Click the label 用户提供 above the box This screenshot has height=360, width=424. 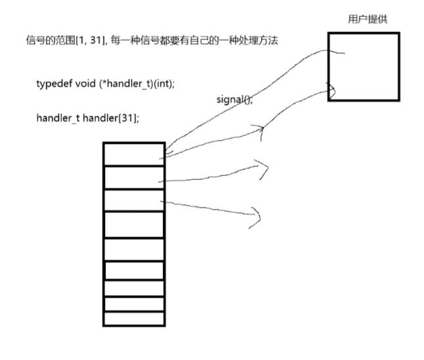pos(368,19)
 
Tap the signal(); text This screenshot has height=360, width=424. pos(234,100)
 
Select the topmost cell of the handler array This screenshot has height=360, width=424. pos(134,154)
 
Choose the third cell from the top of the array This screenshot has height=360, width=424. pos(134,200)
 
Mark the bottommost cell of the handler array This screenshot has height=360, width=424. pos(134,319)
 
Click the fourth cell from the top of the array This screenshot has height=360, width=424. pos(134,225)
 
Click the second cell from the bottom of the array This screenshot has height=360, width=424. pos(134,304)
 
